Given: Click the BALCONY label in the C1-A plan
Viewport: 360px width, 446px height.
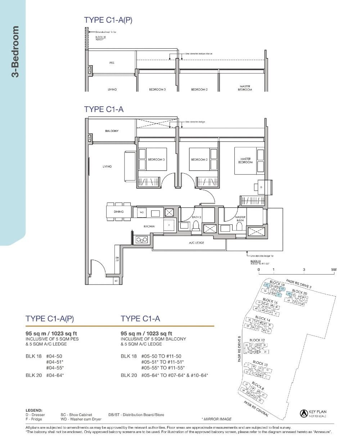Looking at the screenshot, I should tap(112, 131).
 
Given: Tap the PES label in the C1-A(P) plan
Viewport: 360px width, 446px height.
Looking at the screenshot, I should tap(112, 63).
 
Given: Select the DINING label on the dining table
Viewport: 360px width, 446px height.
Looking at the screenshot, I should tap(118, 212).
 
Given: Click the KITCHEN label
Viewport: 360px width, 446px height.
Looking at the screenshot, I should tap(149, 226).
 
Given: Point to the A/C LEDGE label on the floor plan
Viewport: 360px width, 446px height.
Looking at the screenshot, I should tap(197, 243).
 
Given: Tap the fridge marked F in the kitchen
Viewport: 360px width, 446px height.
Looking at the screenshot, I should tap(169, 225).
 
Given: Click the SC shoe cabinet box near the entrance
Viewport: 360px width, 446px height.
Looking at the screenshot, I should tap(116, 281).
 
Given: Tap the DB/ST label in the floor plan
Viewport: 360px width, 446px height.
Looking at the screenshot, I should tap(117, 259).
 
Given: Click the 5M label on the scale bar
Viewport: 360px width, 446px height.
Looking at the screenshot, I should tap(334, 269).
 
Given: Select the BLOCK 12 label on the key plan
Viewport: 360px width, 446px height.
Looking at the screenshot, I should tap(257, 340).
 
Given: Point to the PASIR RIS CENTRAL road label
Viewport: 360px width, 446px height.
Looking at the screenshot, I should tap(256, 409).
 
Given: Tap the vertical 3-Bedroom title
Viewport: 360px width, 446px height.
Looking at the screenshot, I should tap(15, 52).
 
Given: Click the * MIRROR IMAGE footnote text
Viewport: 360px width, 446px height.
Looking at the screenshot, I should tap(216, 419).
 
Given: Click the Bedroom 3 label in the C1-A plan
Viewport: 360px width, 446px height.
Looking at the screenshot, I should tap(157, 160).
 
